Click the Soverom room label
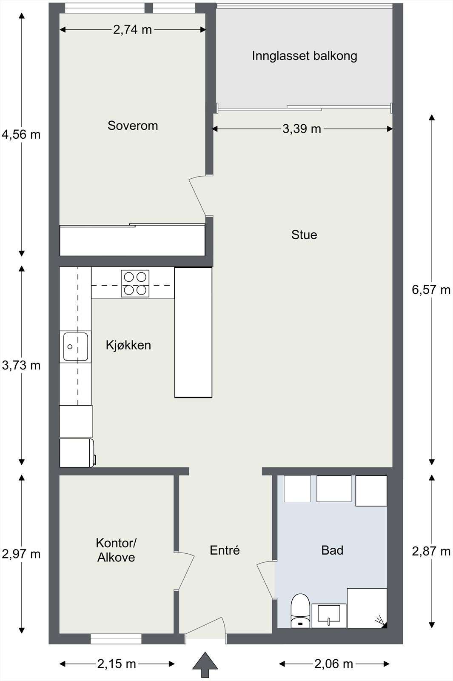click(133, 126)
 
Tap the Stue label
click(304, 235)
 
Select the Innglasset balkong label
click(305, 56)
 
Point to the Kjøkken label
click(128, 345)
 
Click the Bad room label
click(332, 550)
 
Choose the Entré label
click(225, 550)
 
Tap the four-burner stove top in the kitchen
click(135, 283)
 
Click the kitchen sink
click(76, 346)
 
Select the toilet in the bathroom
click(300, 610)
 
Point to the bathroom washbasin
click(329, 615)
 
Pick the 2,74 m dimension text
click(132, 30)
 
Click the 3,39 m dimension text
click(302, 129)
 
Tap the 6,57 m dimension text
click(431, 290)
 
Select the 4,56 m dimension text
click(21, 134)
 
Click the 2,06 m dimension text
click(333, 664)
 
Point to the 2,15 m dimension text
click(117, 664)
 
